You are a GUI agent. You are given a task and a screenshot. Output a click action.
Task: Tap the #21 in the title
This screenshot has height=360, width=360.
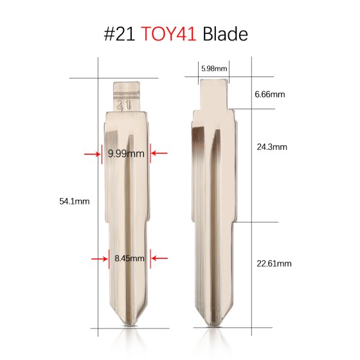pyautogui.click(x=119, y=34)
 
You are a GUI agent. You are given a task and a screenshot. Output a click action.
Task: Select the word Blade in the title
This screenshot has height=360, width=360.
pyautogui.click(x=224, y=34)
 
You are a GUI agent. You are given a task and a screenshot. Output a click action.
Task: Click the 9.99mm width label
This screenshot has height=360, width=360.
pyautogui.click(x=126, y=154)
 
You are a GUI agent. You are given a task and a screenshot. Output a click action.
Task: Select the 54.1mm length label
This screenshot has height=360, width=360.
pyautogui.click(x=74, y=201)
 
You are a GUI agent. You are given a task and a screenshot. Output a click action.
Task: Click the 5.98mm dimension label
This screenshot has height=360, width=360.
pyautogui.click(x=213, y=67)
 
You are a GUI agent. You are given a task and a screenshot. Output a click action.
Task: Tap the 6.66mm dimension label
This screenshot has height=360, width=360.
pyautogui.click(x=269, y=94)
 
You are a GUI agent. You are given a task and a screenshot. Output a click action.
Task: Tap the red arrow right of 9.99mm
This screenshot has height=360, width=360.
pyautogui.click(x=159, y=154)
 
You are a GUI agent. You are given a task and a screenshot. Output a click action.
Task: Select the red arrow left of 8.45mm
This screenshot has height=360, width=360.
pyautogui.click(x=99, y=258)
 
